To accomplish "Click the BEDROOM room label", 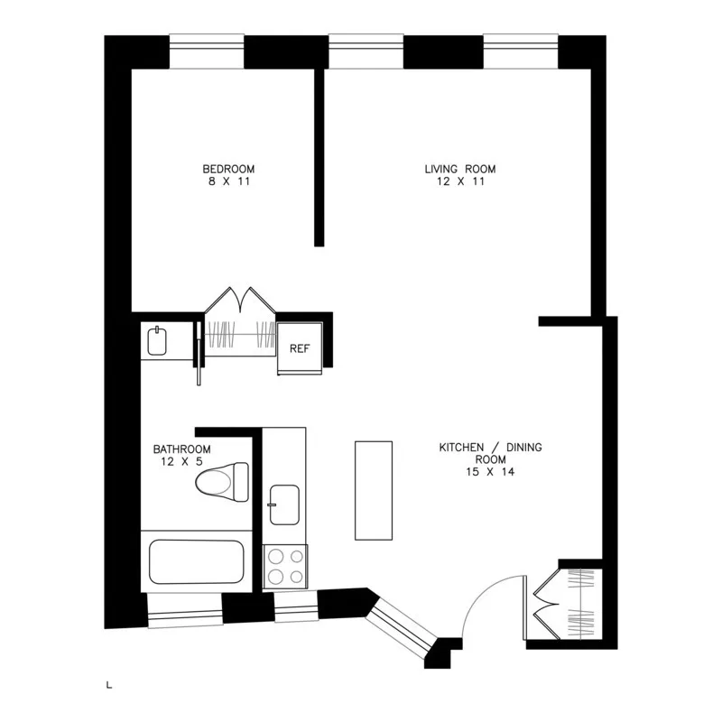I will tap(228, 169).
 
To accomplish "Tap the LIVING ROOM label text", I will tap(460, 169).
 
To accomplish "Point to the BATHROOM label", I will tap(181, 449).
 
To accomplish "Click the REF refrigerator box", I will tap(300, 348).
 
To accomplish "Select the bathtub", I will tap(197, 562).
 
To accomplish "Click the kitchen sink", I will tap(285, 502).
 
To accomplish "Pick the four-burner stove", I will tap(284, 567).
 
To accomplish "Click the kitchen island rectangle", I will tap(374, 490).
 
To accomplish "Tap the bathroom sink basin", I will tap(157, 341).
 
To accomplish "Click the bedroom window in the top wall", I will tap(207, 51).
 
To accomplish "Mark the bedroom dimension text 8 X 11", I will tap(228, 181).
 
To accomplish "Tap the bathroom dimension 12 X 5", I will tap(181, 462).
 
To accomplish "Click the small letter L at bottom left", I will tap(109, 687).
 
